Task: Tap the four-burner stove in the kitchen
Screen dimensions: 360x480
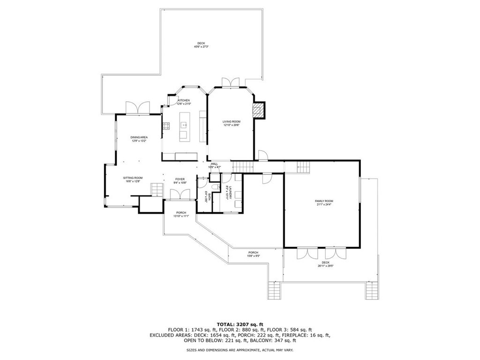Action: click(166, 125)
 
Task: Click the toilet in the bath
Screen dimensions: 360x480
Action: click(214, 188)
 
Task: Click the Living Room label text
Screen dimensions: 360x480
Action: click(231, 121)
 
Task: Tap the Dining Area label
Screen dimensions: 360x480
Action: click(139, 137)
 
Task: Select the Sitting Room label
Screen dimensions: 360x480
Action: click(133, 178)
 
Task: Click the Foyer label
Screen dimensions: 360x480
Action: click(180, 179)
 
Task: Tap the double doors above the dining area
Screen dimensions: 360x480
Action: click(138, 108)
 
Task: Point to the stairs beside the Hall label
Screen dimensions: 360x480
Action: click(243, 166)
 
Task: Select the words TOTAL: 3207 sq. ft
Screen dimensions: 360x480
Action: click(240, 324)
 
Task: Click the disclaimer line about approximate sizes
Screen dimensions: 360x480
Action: click(240, 350)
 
